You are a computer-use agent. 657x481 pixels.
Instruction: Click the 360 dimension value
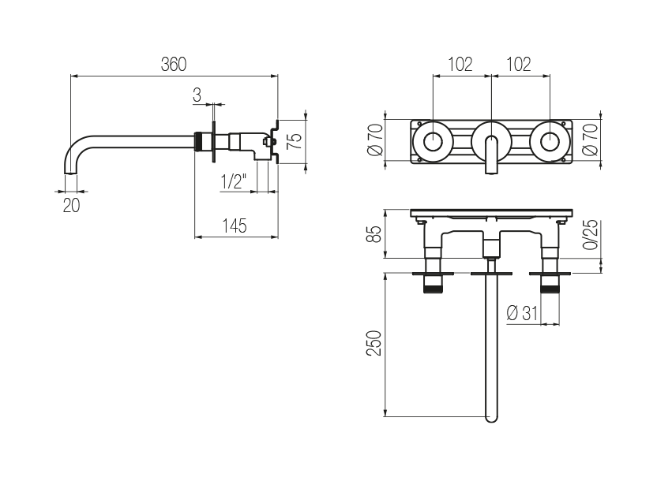[x=174, y=65]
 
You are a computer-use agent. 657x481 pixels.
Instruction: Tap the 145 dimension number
[x=235, y=226]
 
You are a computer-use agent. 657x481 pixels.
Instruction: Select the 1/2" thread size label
[x=234, y=181]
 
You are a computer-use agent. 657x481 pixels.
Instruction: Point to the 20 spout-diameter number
[x=71, y=205]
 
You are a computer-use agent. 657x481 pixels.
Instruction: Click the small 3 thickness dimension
[x=197, y=95]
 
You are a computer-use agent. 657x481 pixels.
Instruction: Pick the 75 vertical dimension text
[x=295, y=141]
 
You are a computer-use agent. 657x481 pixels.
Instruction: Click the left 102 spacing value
[x=460, y=65]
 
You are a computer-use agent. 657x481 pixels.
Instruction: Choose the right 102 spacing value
[x=519, y=65]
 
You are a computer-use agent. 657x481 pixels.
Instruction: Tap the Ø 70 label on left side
[x=375, y=140]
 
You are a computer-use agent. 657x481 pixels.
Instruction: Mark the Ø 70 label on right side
[x=591, y=140]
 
